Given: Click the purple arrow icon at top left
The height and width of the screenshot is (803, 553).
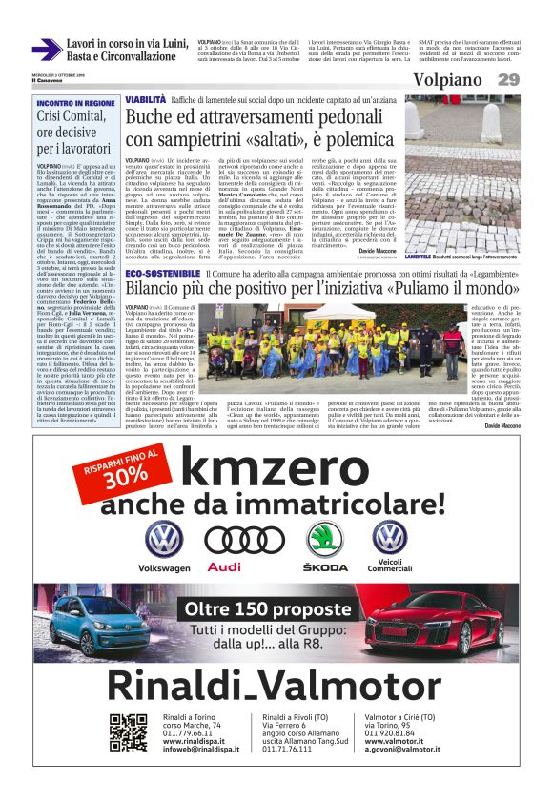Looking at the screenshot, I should click(46, 50).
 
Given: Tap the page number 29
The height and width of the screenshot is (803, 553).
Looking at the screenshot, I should click(508, 80).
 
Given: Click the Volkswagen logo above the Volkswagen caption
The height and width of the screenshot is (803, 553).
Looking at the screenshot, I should click(164, 539).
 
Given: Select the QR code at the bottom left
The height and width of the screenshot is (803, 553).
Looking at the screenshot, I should click(129, 732).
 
